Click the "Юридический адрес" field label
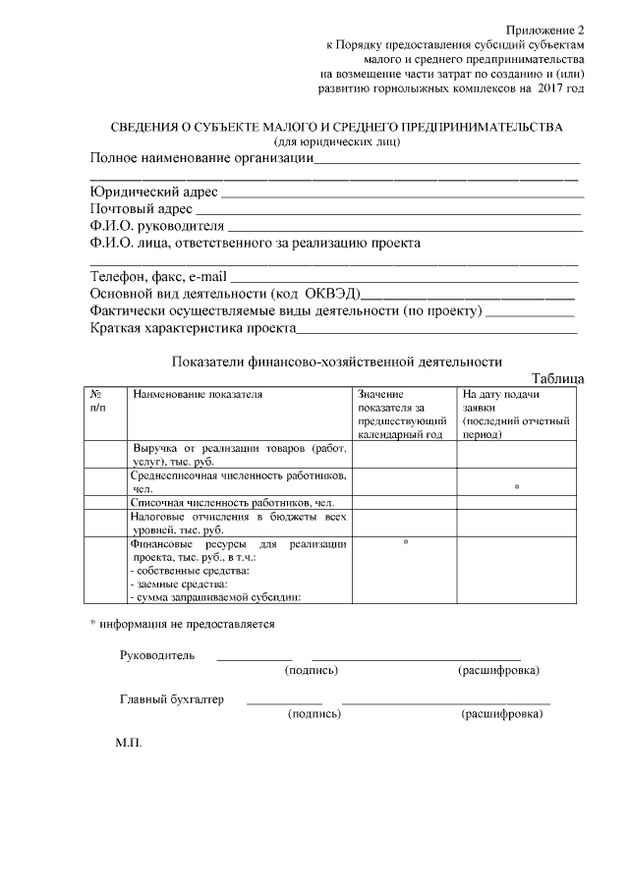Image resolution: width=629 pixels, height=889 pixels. [x=153, y=192]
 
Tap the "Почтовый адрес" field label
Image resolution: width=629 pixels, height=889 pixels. [x=141, y=209]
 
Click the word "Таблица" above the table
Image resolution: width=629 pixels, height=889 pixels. [x=557, y=378]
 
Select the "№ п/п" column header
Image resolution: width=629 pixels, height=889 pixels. [x=97, y=400]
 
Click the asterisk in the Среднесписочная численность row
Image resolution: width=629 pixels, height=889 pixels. [x=516, y=487]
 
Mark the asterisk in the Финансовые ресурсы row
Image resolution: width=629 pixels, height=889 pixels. [x=405, y=542]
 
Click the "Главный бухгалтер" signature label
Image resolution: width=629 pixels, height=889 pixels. [x=172, y=700]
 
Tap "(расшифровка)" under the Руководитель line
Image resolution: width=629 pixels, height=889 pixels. [x=498, y=670]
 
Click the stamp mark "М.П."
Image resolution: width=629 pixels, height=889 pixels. [x=129, y=743]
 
